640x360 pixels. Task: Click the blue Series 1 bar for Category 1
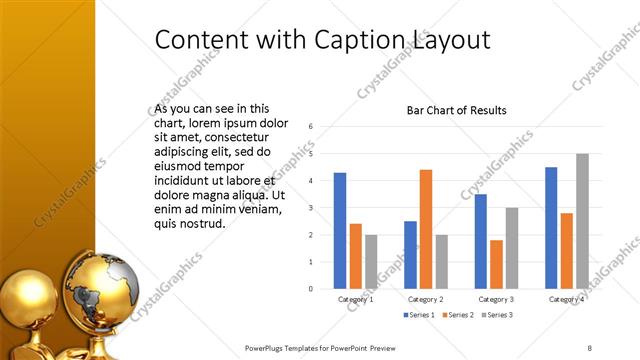point(340,230)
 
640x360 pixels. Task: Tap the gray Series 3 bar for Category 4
point(582,221)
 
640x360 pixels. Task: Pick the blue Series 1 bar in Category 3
point(481,241)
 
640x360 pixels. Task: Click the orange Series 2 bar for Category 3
point(496,264)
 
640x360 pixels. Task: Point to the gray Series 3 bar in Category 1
point(371,261)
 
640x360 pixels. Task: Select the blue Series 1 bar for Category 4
point(551,227)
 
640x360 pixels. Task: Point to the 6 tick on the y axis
point(312,127)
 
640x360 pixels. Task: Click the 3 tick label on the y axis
point(312,208)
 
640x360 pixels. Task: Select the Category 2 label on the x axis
point(426,299)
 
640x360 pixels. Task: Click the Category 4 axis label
point(567,299)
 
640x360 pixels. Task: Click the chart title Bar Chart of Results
point(456,110)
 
